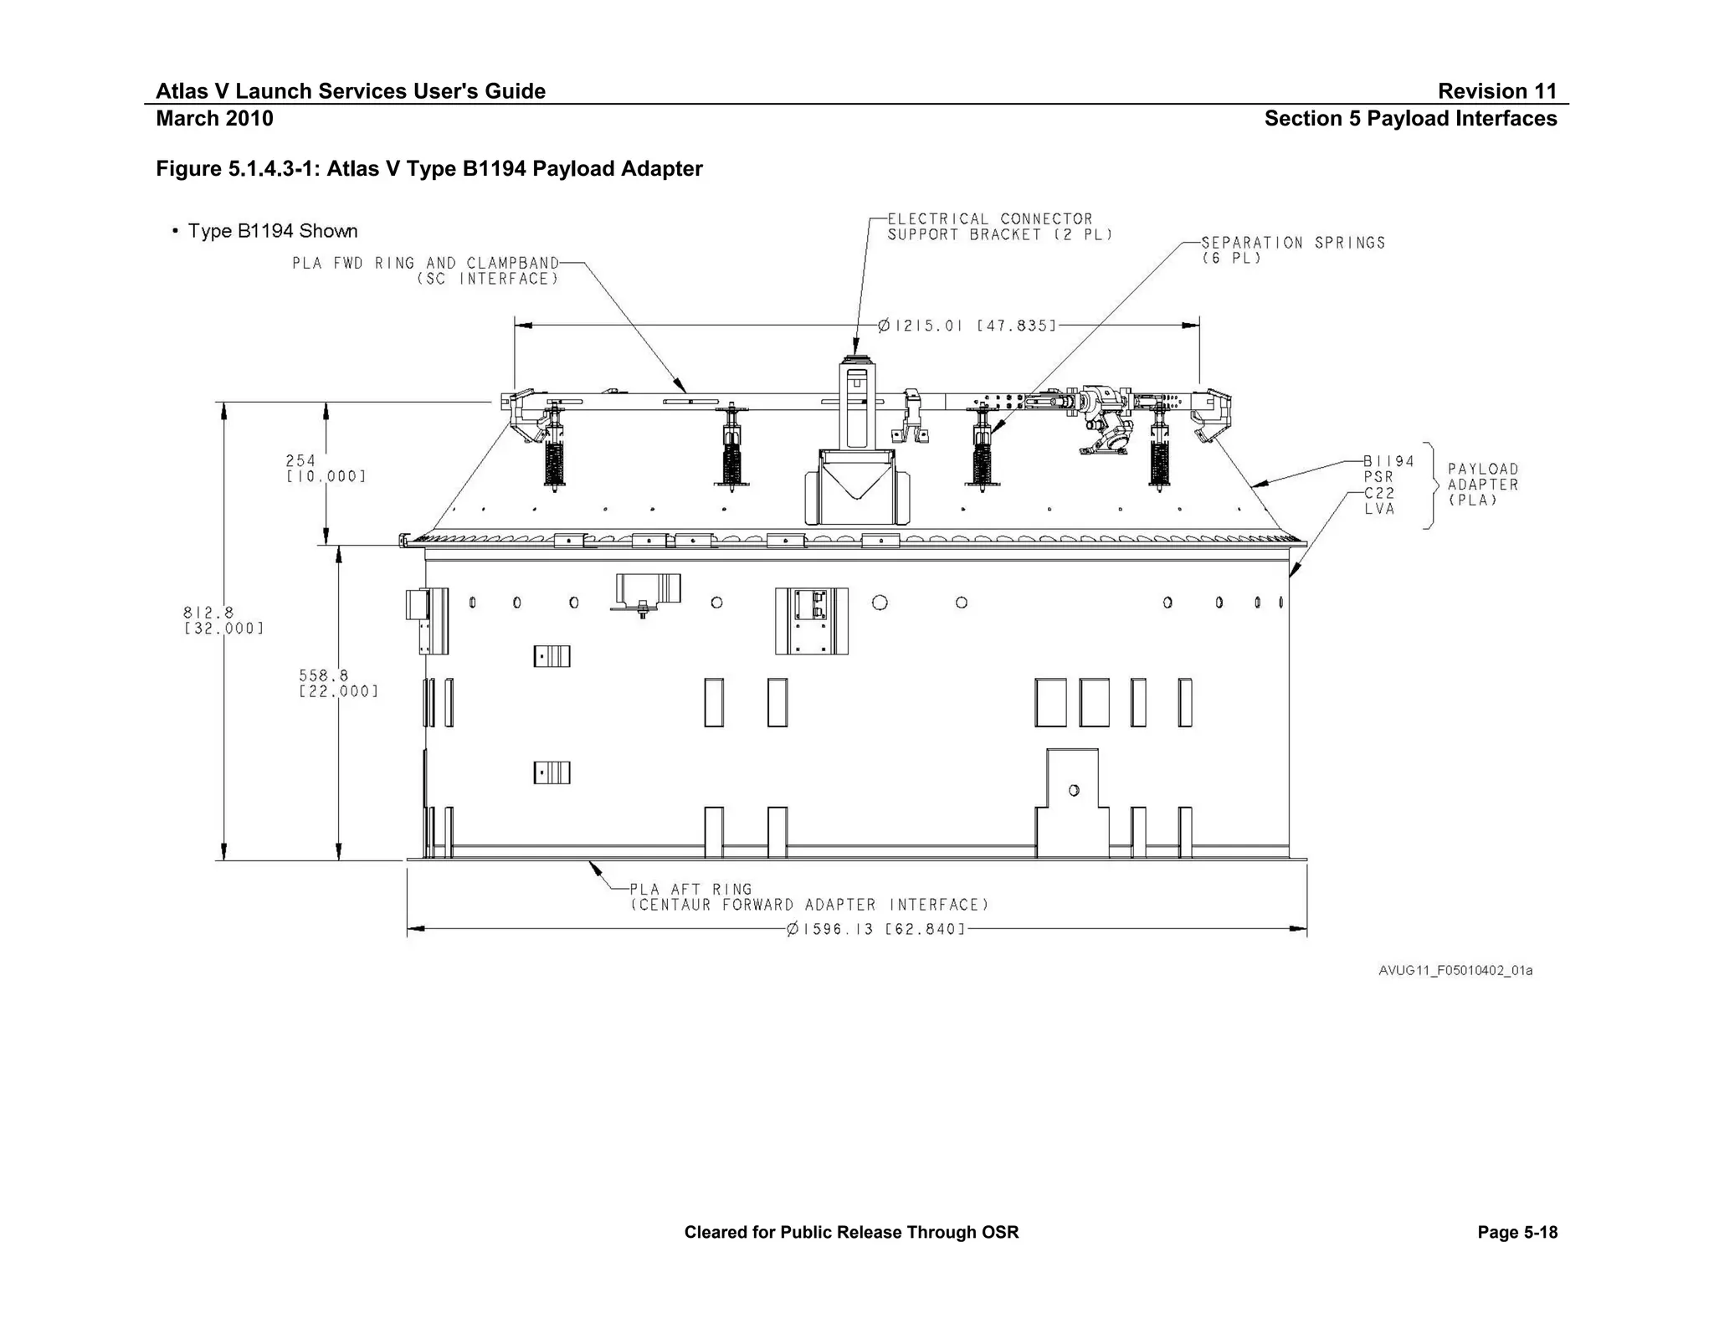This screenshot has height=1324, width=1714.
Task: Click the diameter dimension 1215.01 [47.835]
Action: [x=967, y=326]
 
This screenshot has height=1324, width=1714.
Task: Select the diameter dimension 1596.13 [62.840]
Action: [x=875, y=929]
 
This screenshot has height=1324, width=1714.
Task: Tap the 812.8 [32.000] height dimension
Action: [x=223, y=620]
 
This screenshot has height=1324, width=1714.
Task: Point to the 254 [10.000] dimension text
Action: [x=326, y=469]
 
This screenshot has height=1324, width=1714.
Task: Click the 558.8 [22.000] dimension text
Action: [x=338, y=683]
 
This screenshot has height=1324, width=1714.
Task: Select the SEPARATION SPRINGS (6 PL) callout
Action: [x=1292, y=250]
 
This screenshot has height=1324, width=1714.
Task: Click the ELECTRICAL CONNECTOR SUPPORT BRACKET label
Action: [x=999, y=227]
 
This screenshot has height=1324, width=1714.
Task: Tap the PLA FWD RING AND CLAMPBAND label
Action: [x=425, y=271]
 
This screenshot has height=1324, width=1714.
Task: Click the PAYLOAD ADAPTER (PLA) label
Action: [x=1482, y=485]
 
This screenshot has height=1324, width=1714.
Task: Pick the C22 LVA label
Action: [x=1379, y=500]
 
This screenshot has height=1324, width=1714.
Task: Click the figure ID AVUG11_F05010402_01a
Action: [x=1455, y=971]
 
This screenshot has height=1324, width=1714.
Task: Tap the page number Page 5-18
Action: [x=1516, y=1232]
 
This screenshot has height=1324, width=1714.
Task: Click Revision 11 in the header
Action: [x=1496, y=91]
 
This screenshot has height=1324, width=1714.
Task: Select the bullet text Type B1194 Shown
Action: [x=272, y=231]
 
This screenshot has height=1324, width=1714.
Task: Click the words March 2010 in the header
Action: [x=214, y=119]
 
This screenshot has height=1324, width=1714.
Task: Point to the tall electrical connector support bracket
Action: [x=856, y=406]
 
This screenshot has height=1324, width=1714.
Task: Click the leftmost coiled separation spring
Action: [x=554, y=462]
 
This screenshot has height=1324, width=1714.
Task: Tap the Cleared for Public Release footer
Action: [x=851, y=1232]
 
